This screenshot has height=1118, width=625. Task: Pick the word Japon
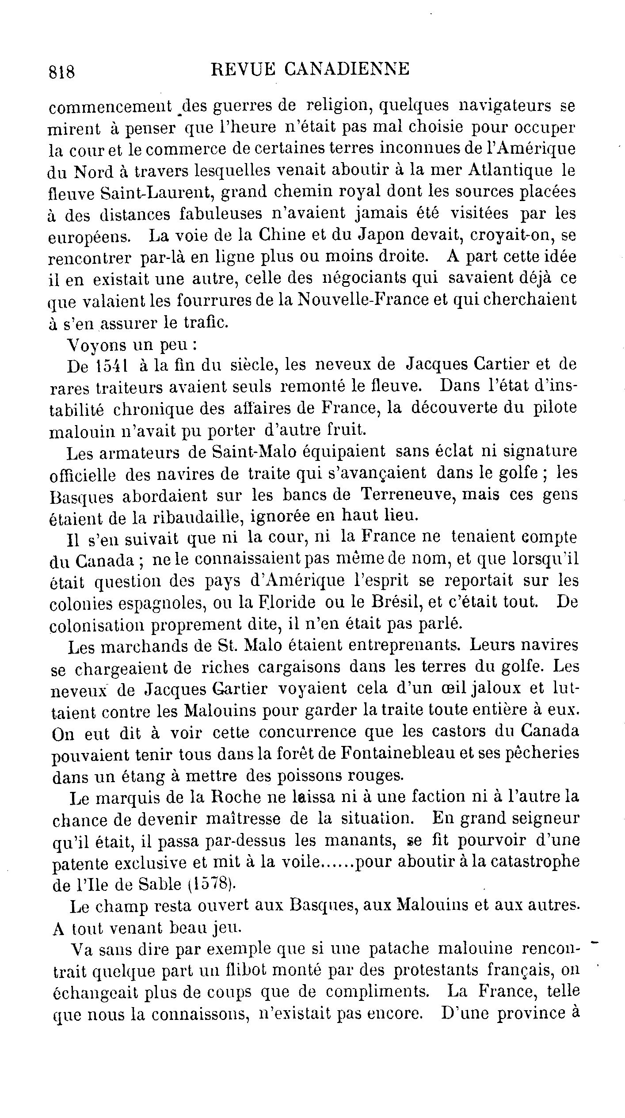tap(379, 236)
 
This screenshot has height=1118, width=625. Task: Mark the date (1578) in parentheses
tap(211, 883)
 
